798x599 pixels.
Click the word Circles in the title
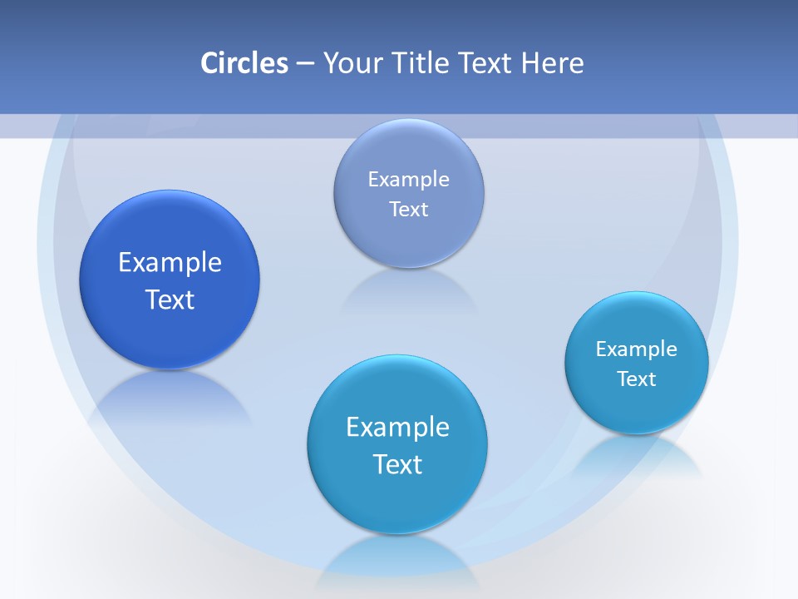(244, 63)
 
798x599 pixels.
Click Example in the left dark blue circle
(170, 262)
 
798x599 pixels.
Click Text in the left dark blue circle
(170, 299)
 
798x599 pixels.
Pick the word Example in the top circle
(409, 179)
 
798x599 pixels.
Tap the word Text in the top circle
(409, 209)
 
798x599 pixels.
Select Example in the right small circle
(637, 349)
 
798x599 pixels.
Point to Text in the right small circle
(637, 379)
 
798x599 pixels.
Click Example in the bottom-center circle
(397, 427)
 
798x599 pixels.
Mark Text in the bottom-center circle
(397, 464)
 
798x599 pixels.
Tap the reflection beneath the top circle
(407, 291)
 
